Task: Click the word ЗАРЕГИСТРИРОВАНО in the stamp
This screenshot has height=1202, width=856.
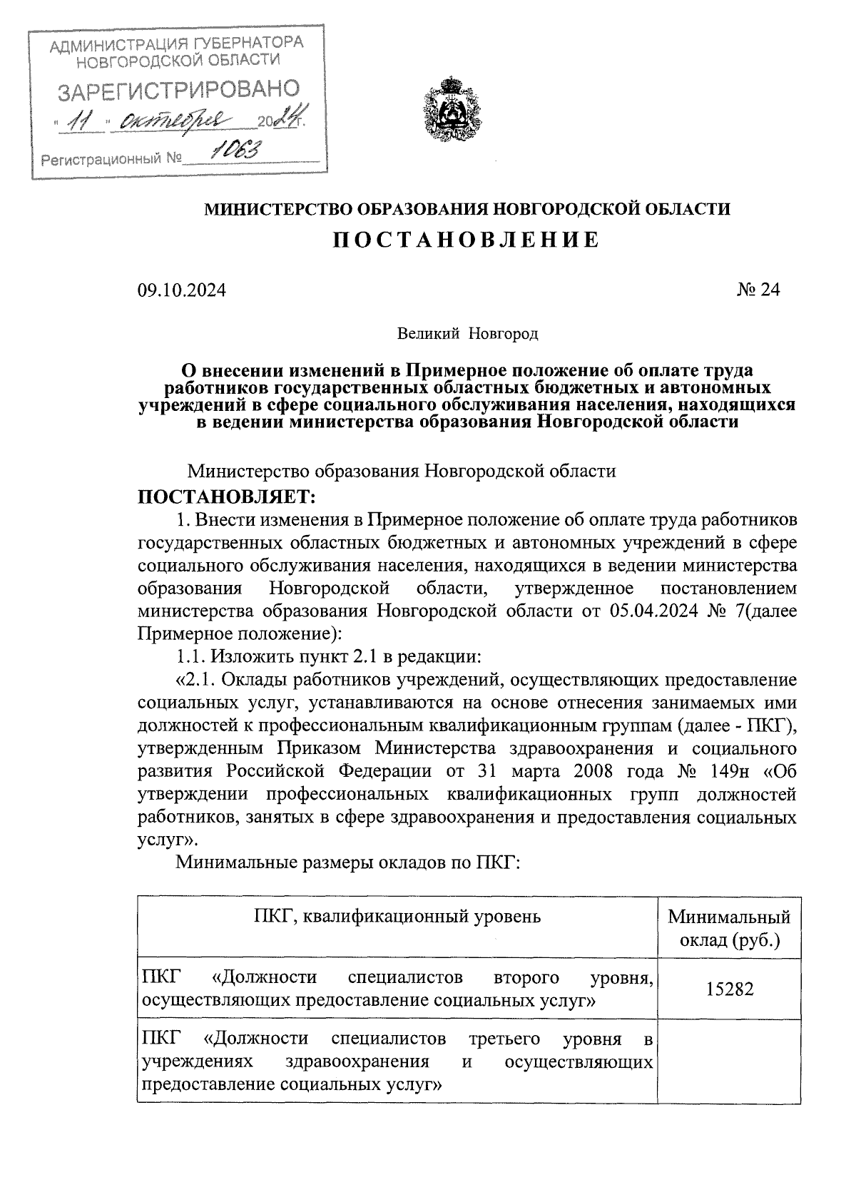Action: tap(178, 91)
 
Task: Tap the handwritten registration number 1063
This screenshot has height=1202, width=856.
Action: tap(238, 150)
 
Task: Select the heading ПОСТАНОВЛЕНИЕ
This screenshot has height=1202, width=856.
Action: tap(467, 240)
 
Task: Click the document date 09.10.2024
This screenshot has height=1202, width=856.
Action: tap(181, 290)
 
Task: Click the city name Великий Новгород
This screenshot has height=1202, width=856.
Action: tap(467, 333)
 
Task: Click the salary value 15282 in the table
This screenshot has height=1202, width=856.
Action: tap(729, 989)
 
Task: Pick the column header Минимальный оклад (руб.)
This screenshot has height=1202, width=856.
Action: tap(729, 927)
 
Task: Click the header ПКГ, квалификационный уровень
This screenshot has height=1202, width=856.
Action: tap(397, 917)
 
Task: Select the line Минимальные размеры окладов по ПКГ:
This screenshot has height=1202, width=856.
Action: tap(350, 862)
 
